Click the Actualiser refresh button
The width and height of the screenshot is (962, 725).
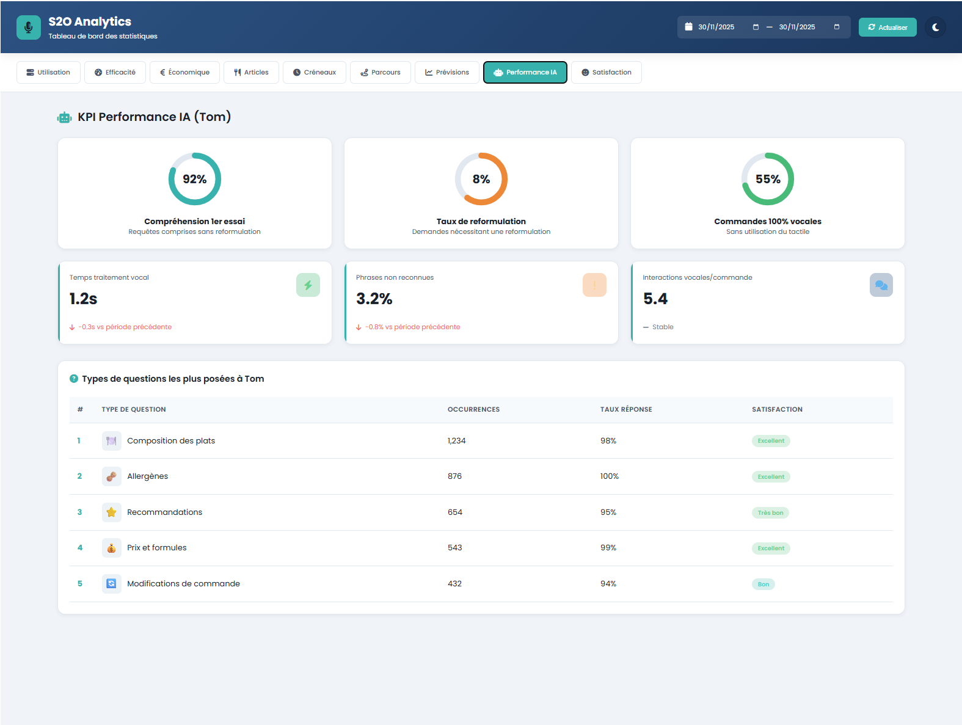[x=887, y=27]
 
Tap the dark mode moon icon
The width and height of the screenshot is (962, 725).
[x=935, y=27]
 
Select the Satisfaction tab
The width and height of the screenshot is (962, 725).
[x=606, y=72]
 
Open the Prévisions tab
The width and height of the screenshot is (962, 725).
[x=446, y=72]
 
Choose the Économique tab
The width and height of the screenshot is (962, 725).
[x=184, y=72]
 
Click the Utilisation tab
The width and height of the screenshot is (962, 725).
[x=48, y=72]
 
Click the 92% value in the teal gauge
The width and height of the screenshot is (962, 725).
[x=194, y=179]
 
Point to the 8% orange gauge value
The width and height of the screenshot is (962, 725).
[x=481, y=179]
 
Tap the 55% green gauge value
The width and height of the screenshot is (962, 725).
[x=767, y=179]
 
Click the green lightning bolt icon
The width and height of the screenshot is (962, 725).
[x=308, y=285]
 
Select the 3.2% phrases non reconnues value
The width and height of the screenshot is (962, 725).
[x=374, y=299]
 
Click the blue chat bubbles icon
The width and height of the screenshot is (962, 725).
[x=881, y=285]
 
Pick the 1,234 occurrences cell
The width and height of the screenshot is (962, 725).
[x=456, y=441]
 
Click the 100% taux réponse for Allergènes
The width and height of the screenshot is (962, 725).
[x=609, y=476]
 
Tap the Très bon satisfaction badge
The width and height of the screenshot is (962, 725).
[x=770, y=512]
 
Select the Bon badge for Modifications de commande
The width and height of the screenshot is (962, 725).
[x=763, y=585]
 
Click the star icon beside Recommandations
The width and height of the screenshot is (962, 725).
[x=111, y=512]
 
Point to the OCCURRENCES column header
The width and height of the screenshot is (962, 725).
[x=473, y=410]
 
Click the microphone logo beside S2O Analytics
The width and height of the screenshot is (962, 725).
[x=29, y=27]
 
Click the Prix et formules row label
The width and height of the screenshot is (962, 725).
[x=156, y=548]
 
